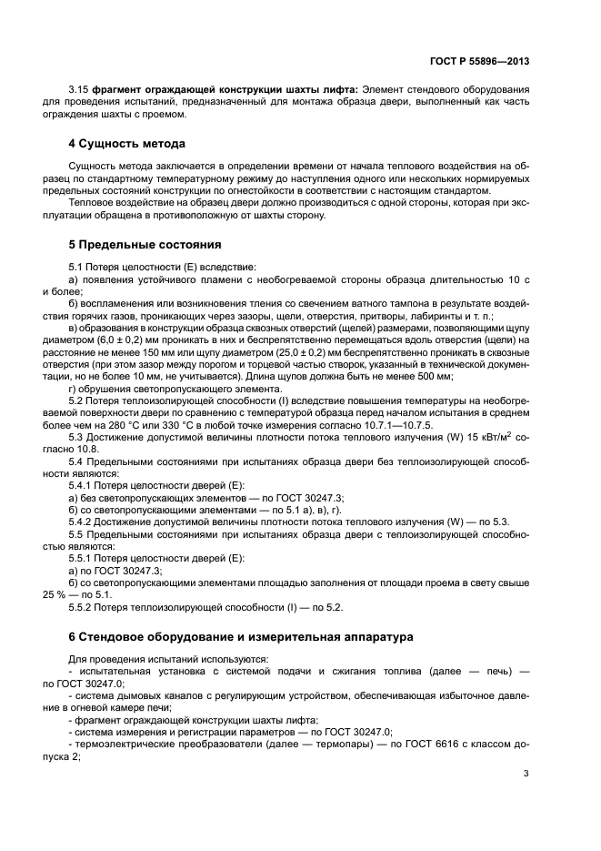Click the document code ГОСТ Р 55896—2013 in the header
coord(479,61)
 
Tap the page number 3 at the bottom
coord(526,774)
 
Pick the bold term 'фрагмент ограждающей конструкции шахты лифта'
coord(224,88)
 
